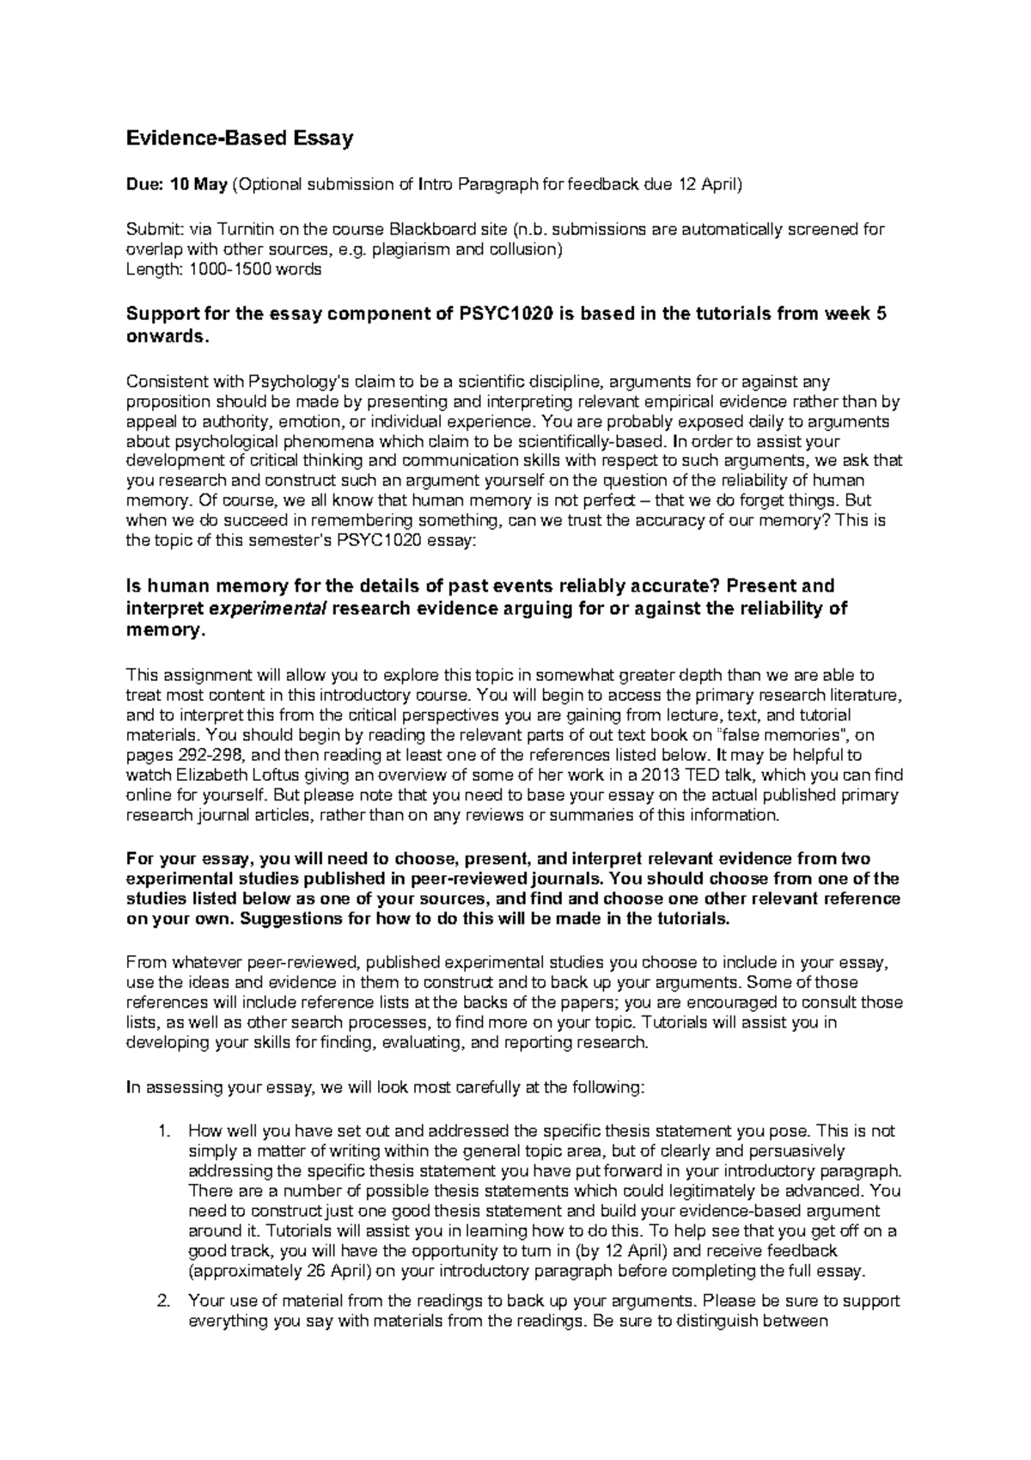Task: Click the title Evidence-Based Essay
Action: [239, 138]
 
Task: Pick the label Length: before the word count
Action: [153, 269]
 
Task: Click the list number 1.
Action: [166, 1132]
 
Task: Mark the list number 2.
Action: [166, 1301]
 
